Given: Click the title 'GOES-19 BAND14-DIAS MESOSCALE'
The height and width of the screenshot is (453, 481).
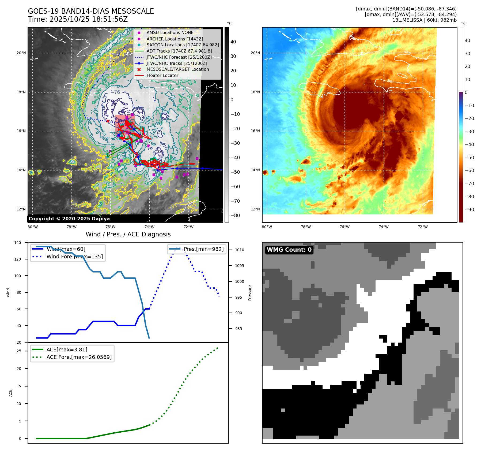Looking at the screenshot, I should [x=91, y=11].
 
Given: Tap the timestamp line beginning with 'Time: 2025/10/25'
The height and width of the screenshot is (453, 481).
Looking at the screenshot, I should [x=78, y=19].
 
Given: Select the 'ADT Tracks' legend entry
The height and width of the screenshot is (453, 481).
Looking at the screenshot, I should [x=179, y=51].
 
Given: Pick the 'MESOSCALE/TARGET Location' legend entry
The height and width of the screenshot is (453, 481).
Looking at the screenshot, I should [x=177, y=69].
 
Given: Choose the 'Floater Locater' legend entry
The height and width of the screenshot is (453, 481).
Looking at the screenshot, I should [x=162, y=75].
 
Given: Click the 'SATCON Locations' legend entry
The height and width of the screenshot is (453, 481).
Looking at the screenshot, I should [x=183, y=45].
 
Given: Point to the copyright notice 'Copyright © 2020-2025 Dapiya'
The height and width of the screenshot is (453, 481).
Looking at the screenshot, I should [x=69, y=219].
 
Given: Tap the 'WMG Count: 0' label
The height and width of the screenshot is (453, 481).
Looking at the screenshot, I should [x=289, y=250].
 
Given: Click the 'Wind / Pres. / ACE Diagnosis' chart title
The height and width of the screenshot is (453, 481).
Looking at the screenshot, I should [x=128, y=234].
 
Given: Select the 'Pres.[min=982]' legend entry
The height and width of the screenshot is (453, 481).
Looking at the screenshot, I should [x=203, y=249].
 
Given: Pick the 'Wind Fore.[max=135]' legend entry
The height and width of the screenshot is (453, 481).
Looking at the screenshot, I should [x=74, y=257].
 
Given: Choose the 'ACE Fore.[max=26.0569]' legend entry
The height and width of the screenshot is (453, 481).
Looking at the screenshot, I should [x=79, y=357].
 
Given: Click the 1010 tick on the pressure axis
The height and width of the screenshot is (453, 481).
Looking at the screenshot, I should [x=240, y=250].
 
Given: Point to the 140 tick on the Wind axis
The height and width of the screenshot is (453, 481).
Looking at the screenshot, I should [x=18, y=243].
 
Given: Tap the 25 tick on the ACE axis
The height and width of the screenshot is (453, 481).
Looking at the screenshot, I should [x=19, y=351].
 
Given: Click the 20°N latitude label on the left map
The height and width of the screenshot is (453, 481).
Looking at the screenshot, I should [x=21, y=53].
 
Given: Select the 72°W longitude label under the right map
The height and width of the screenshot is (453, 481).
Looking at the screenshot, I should [x=423, y=227].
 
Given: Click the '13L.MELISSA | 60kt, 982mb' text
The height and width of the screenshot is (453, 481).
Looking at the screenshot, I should [x=424, y=20].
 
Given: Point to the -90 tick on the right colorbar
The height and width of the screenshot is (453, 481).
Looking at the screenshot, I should [x=469, y=210].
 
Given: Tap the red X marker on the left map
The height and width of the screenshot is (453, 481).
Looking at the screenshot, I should [x=108, y=121].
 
